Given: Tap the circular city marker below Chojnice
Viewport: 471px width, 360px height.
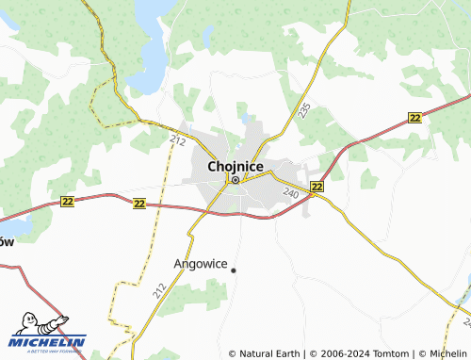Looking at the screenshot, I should (235, 180).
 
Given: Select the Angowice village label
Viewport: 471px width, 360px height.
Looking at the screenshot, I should (201, 264).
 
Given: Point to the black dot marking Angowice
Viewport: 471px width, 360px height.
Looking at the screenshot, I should (234, 270).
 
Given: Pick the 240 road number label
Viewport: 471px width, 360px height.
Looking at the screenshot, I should (290, 192).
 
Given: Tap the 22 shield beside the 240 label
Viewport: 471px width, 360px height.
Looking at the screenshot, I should (317, 187).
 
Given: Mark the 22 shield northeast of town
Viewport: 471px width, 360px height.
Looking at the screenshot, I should (415, 116).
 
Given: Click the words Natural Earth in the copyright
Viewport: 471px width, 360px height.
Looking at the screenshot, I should (268, 354).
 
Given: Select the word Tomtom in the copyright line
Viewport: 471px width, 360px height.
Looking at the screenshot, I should (391, 354).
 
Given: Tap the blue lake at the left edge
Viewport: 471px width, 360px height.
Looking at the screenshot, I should (17, 224).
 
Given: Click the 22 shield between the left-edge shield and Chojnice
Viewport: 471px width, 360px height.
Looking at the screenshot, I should (139, 203).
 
